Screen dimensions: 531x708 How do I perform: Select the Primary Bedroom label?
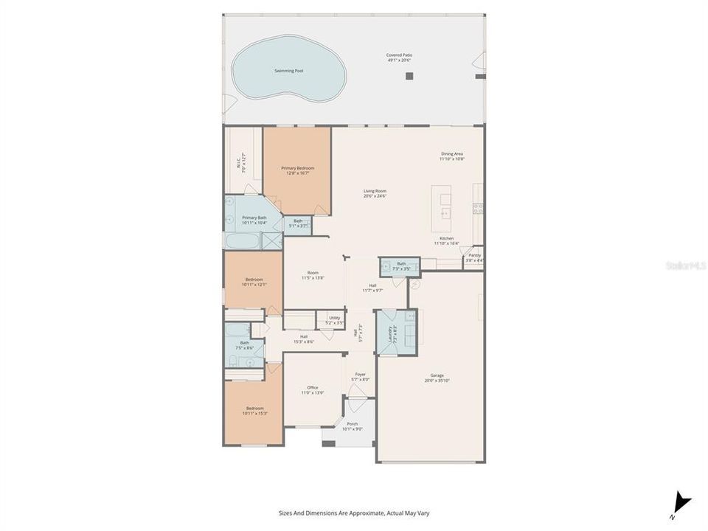click(x=296, y=170)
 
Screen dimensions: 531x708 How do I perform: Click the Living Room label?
click(x=375, y=193)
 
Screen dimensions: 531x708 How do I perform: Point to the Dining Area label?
click(x=451, y=156)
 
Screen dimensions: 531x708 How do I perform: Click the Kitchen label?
click(x=446, y=240)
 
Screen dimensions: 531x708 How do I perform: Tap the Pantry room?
click(x=474, y=257)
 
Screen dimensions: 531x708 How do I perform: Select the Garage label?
click(x=433, y=378)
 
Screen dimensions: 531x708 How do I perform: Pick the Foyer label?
click(x=360, y=376)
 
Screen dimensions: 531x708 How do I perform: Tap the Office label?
click(x=312, y=390)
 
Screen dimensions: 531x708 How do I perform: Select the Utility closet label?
click(x=334, y=320)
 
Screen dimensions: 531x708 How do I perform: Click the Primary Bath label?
click(x=254, y=219)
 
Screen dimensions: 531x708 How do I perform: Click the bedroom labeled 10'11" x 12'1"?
click(x=254, y=281)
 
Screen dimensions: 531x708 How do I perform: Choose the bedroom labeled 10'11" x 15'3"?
click(x=254, y=410)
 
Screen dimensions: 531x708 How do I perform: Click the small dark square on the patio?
click(x=410, y=76)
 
